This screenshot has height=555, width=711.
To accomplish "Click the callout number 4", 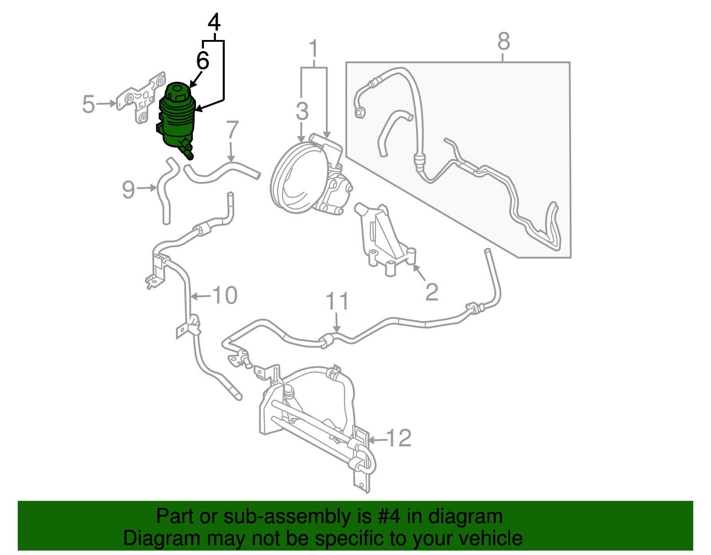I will click(214, 22).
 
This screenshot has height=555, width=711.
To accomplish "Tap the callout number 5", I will click(89, 104).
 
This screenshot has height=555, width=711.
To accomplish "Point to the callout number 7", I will click(232, 131).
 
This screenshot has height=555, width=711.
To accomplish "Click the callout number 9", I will click(128, 190).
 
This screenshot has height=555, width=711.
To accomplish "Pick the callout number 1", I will click(314, 48).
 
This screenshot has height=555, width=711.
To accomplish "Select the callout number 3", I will click(302, 111).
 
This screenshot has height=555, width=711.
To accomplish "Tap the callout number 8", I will click(503, 42).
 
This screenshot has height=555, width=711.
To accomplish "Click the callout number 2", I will click(431, 292).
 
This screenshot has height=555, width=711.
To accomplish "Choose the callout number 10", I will click(225, 295).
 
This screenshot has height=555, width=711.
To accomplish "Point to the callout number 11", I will click(337, 302).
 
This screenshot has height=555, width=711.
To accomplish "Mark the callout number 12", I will click(399, 439).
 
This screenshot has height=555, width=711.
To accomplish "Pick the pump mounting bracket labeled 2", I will click(384, 242).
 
